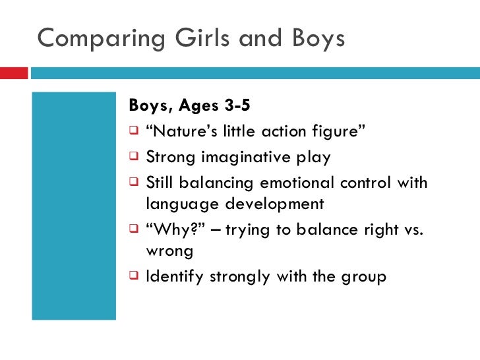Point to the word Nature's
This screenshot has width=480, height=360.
(177, 131)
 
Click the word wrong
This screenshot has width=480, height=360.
(169, 251)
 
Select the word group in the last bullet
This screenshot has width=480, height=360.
(362, 277)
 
